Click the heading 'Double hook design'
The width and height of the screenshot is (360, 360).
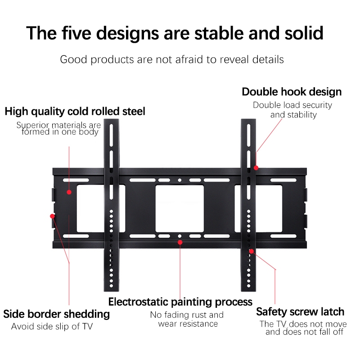click(x=292, y=92)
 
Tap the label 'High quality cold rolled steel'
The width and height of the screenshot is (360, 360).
click(x=75, y=111)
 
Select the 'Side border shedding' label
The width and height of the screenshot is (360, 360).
click(x=56, y=314)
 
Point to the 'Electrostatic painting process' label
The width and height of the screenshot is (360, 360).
click(x=180, y=301)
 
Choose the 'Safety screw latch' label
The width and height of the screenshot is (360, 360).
click(x=300, y=312)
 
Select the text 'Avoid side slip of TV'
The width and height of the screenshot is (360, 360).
click(x=52, y=326)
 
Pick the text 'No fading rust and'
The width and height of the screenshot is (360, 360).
click(x=187, y=315)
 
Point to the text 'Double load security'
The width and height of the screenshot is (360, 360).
click(x=292, y=105)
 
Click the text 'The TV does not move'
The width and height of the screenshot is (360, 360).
click(x=303, y=324)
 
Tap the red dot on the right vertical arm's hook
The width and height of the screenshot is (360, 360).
click(x=256, y=167)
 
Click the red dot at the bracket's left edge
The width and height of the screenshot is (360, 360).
click(x=52, y=216)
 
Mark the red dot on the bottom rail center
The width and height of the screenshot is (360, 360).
click(x=180, y=242)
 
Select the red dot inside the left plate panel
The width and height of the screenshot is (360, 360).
click(x=69, y=192)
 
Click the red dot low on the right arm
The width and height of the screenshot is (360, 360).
click(x=252, y=251)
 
